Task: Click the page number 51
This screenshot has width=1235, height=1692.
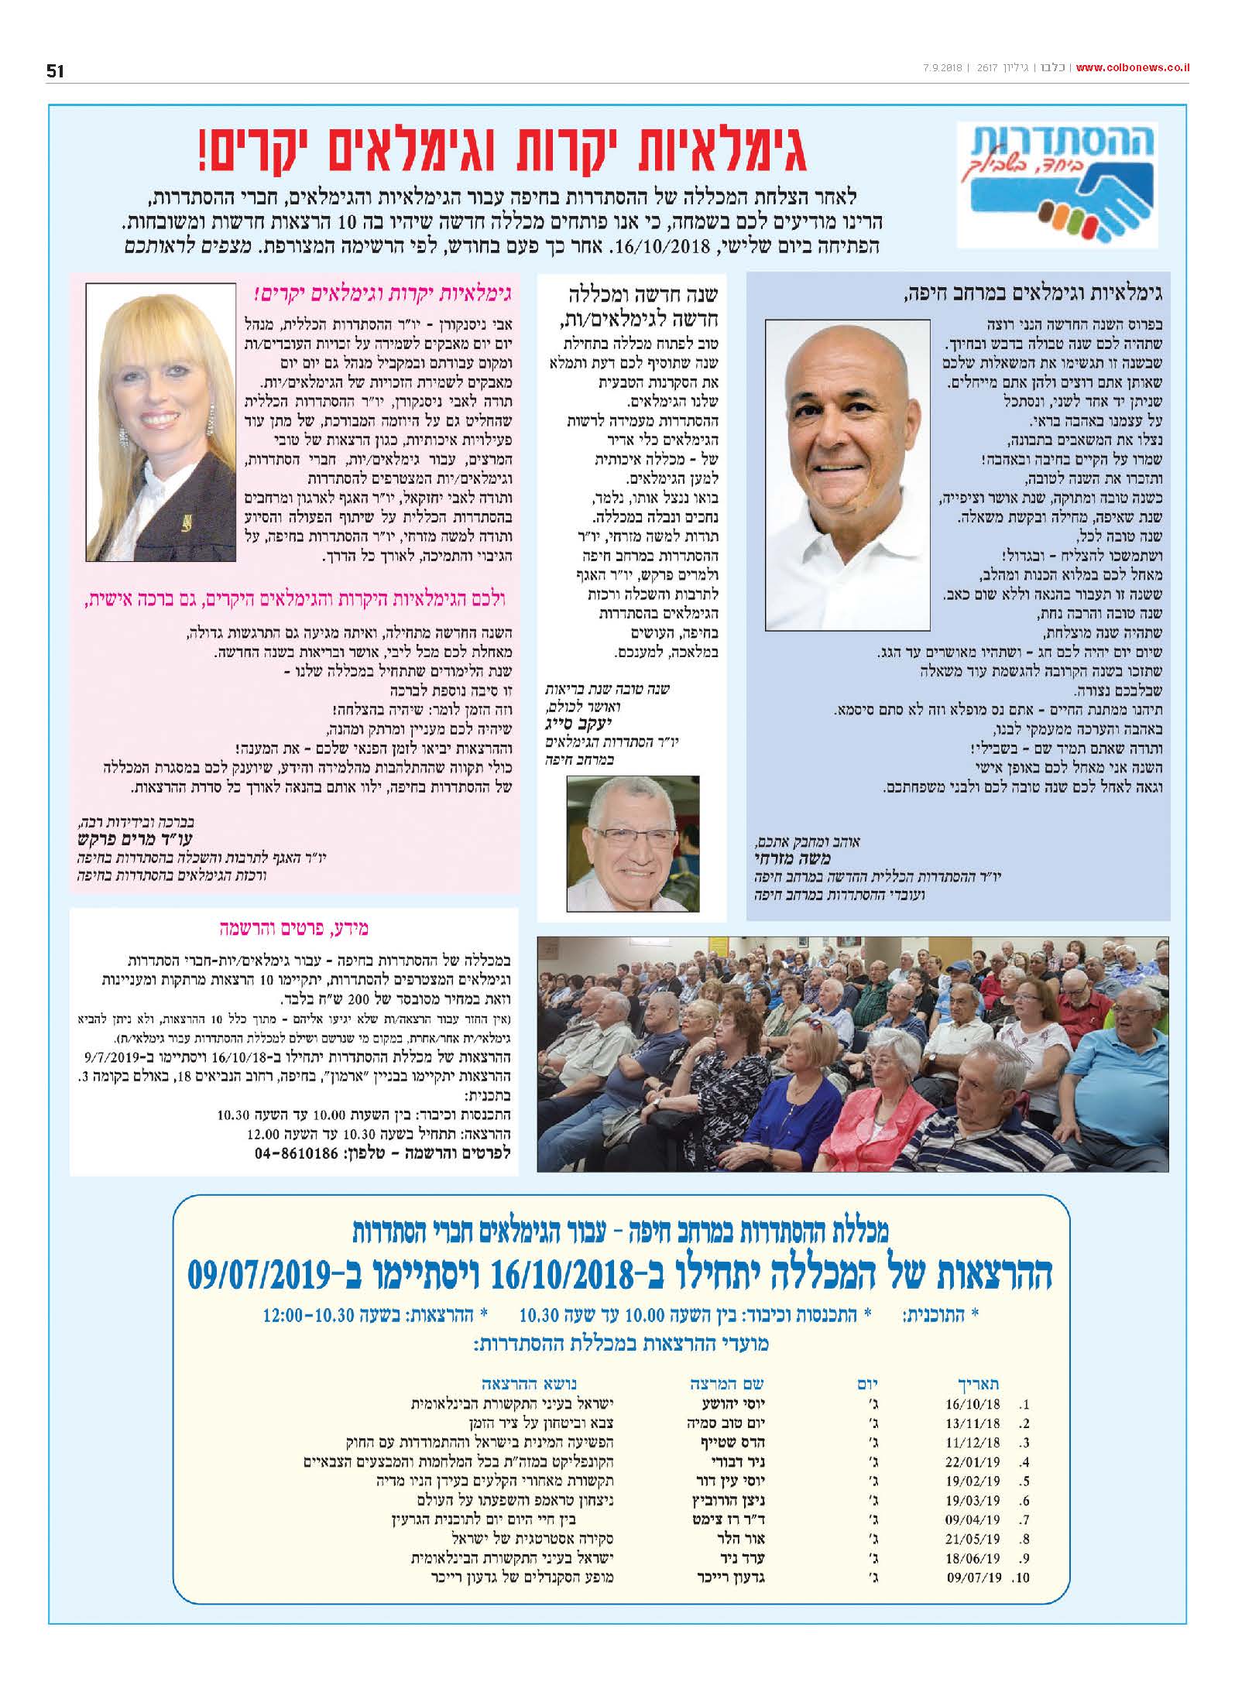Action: [x=55, y=71]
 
